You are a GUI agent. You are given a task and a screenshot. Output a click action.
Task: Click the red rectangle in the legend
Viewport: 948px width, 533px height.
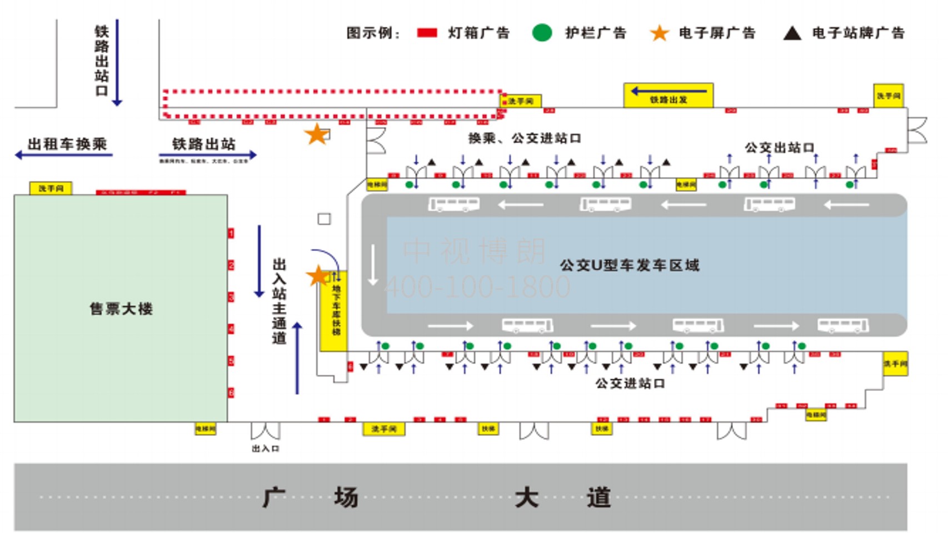click(x=427, y=33)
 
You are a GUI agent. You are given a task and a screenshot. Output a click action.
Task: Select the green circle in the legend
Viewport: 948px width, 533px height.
click(x=542, y=33)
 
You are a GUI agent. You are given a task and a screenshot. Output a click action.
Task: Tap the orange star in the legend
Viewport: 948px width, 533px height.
click(x=659, y=33)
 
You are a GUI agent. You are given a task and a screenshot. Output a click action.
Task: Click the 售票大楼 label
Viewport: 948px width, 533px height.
click(x=121, y=309)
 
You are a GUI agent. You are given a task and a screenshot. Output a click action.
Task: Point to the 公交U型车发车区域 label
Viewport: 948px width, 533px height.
click(x=629, y=265)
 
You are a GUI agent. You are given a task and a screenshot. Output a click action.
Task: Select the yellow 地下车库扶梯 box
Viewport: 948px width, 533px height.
click(x=335, y=310)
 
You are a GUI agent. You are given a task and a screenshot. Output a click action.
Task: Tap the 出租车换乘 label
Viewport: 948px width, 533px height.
click(x=67, y=144)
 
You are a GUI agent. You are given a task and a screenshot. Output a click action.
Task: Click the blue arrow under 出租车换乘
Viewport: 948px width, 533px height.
click(x=63, y=155)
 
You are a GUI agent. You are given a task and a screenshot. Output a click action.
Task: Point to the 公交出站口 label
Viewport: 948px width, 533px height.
click(x=780, y=148)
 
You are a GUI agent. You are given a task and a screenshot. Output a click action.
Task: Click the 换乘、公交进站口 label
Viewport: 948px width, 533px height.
click(x=524, y=138)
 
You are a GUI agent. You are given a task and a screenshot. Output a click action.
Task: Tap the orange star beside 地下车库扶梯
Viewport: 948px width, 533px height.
click(x=318, y=276)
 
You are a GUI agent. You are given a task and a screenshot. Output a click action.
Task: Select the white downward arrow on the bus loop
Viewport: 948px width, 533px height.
click(x=373, y=265)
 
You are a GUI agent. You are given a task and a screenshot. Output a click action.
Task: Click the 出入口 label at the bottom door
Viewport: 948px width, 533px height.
click(x=266, y=448)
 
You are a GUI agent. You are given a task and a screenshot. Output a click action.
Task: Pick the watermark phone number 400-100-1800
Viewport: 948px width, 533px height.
click(x=477, y=287)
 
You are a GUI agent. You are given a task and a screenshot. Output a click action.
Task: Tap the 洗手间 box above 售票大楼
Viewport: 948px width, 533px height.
click(x=51, y=189)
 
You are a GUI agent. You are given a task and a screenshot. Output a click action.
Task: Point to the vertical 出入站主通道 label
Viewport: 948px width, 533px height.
click(x=279, y=300)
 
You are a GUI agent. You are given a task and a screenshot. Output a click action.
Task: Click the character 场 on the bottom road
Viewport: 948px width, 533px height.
click(x=346, y=497)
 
